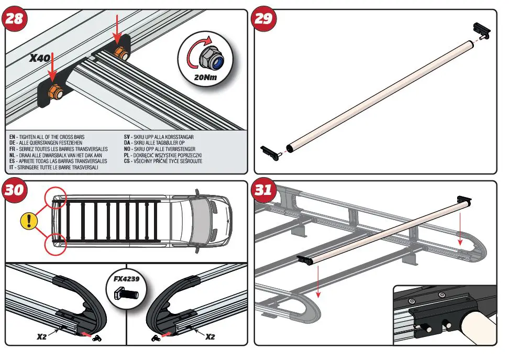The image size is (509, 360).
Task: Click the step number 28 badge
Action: pos(14,19)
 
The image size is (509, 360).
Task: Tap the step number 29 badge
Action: pos(263,19)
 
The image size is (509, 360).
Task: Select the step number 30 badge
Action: pos(14,190)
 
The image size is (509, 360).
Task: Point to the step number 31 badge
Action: pos(263,190)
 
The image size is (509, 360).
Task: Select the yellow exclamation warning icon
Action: pos(29,220)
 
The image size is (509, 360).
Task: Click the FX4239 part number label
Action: pos(127,279)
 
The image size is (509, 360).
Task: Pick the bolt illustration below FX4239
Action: pos(126,294)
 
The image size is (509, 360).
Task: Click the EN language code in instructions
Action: pos(12,137)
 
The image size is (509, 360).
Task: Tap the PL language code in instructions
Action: pos(127,156)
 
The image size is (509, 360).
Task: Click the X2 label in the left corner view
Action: pos(42,336)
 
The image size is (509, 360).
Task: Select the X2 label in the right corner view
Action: pos(210,336)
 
